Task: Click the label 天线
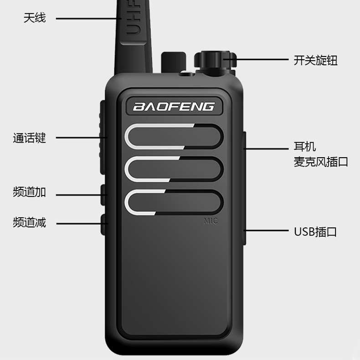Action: pos(35,18)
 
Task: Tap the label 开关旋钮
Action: pos(315,60)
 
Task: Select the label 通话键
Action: pos(29,138)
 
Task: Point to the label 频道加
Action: pos(29,192)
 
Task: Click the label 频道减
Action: pos(29,223)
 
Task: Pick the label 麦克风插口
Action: pos(321,162)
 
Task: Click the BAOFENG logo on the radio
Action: pos(174,107)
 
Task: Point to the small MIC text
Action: pos(211,221)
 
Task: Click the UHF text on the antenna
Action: pos(133,23)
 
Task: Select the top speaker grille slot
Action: pos(175,136)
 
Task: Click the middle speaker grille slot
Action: pos(175,169)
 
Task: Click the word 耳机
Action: pos(305,147)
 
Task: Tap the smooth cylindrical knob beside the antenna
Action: pos(173,62)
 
